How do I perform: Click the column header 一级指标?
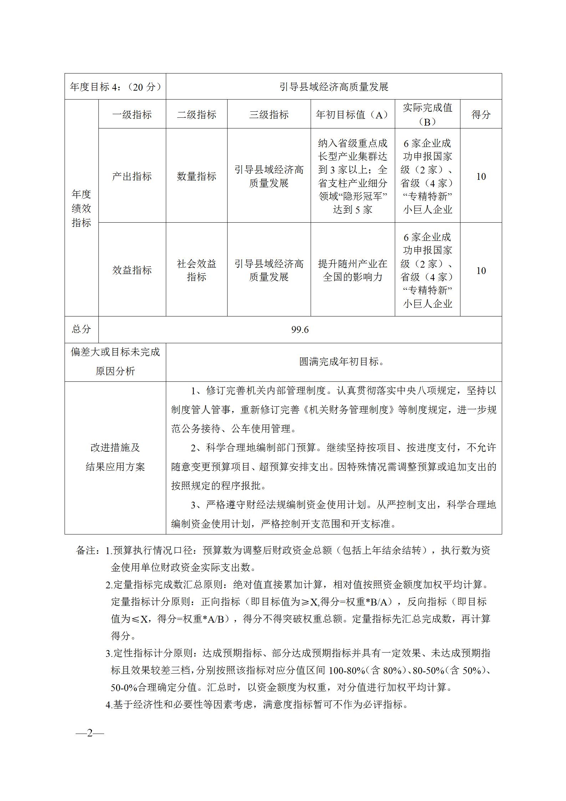tap(132, 115)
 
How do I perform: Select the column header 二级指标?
tap(197, 115)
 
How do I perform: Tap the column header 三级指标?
tap(269, 115)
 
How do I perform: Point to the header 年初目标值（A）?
tap(352, 115)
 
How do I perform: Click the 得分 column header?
tap(481, 115)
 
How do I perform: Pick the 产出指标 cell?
tap(132, 176)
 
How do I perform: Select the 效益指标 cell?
tap(132, 270)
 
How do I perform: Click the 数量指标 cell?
tap(197, 176)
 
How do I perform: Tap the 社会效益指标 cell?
tap(197, 270)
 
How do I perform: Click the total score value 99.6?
tap(300, 330)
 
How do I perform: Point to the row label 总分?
tap(81, 329)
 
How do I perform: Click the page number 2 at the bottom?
tap(90, 733)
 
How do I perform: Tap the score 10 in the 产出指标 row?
tap(481, 176)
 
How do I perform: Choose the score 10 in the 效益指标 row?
tap(481, 270)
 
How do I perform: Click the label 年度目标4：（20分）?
tap(115, 87)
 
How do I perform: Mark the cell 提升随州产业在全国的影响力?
tap(352, 270)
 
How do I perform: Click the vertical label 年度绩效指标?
tap(81, 208)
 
